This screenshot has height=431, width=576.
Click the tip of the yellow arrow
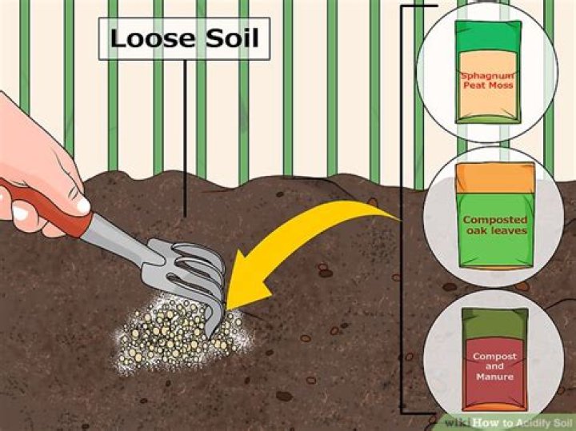pos(229,305)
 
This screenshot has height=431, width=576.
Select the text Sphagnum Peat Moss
pos(488,82)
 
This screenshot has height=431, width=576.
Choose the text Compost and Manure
pos(494,365)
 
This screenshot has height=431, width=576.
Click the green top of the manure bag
pos(495,321)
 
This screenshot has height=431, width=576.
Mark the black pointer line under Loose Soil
pos(186,136)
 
